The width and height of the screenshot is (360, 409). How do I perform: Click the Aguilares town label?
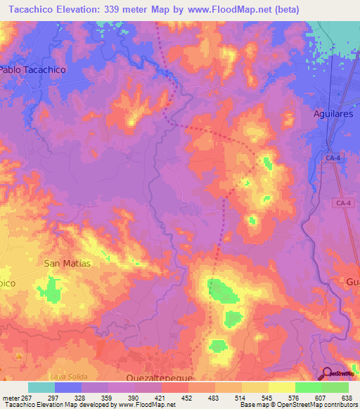pos(336,113)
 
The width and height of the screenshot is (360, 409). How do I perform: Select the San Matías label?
pos(67,263)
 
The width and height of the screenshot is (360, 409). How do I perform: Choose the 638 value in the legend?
pos(346,398)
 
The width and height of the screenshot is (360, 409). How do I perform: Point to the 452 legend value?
pos(187,398)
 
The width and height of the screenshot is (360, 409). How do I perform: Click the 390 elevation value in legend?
pos(134,398)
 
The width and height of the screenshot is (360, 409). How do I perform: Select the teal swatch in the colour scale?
pos(41,387)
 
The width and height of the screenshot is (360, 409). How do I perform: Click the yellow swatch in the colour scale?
pos(255,387)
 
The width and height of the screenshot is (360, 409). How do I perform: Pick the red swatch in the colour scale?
pos(175,387)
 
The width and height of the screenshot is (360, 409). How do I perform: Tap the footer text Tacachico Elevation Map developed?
pos(53,405)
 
